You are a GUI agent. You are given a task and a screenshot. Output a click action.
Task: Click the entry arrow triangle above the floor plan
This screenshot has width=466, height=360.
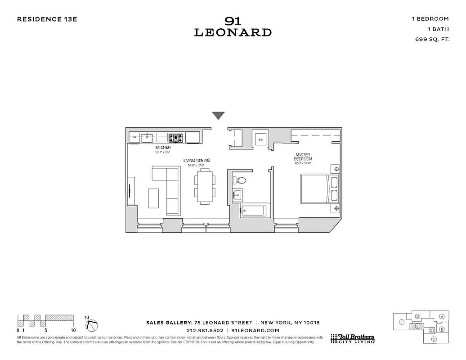pyautogui.click(x=218, y=116)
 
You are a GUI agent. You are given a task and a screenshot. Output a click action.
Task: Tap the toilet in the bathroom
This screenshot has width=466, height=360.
pyautogui.click(x=241, y=181)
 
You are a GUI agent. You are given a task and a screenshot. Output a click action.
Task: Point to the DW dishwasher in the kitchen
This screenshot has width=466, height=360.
pyautogui.click(x=134, y=137)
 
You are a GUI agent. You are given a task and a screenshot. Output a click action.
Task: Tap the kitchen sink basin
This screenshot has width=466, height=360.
pyautogui.click(x=148, y=137)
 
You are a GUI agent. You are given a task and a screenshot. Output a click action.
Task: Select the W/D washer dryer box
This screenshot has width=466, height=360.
pyautogui.click(x=260, y=139)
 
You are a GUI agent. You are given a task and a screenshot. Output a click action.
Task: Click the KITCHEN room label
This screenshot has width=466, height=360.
pyautogui.click(x=163, y=148)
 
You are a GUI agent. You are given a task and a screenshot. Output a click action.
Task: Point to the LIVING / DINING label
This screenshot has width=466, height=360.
pyautogui.click(x=196, y=161)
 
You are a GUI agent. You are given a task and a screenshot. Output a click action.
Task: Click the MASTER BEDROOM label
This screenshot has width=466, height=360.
pyautogui.click(x=303, y=157)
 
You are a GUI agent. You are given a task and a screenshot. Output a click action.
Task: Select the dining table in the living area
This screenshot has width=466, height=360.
pyautogui.click(x=205, y=188)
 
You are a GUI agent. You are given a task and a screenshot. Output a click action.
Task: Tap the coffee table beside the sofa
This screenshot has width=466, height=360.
pyautogui.click(x=153, y=198)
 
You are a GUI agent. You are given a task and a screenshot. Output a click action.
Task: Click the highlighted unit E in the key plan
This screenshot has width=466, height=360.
pyautogui.click(x=417, y=326)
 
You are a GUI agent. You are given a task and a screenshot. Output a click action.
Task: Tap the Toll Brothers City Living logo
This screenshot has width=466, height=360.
pyautogui.click(x=353, y=338)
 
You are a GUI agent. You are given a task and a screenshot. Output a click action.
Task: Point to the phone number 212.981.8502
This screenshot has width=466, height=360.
pyautogui.click(x=205, y=330)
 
